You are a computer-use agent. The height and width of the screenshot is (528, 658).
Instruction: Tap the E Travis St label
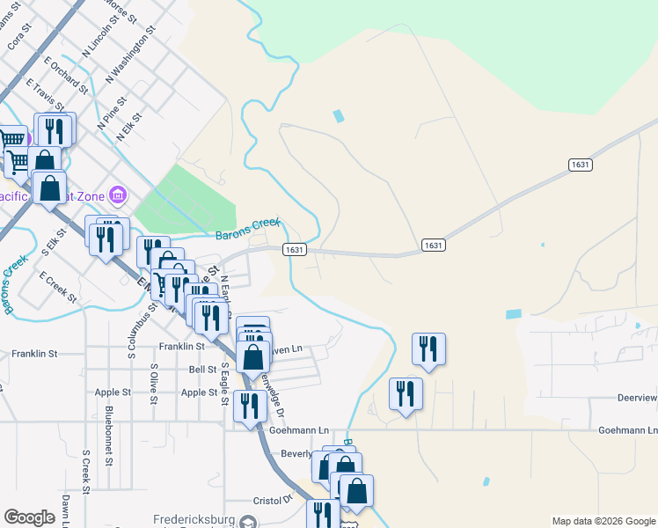tap(51, 99)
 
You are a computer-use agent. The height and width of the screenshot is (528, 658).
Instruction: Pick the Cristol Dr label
tap(275, 499)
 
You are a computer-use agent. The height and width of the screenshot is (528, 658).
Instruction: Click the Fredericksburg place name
tap(193, 519)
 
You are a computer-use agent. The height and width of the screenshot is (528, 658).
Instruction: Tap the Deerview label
tap(637, 398)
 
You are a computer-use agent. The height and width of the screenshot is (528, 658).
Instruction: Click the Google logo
tap(29, 517)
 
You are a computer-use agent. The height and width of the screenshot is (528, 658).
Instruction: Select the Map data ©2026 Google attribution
tap(603, 521)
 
